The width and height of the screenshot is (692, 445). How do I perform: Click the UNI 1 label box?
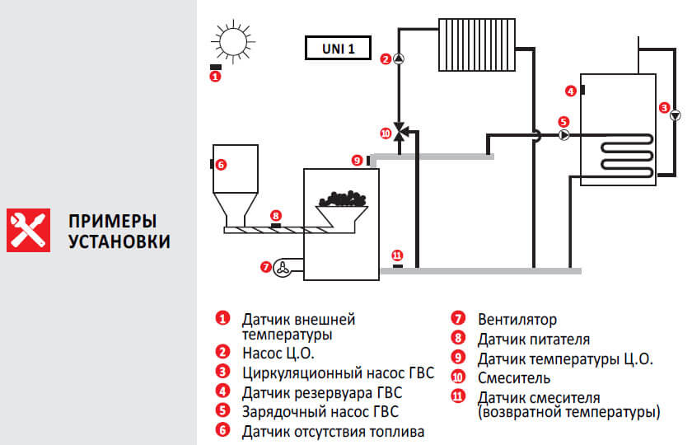click(336, 49)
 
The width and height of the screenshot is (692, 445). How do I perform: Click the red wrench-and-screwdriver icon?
click(26, 230)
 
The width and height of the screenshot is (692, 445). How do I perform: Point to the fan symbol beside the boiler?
click(283, 267)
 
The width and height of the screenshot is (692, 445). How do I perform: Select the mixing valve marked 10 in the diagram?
click(401, 132)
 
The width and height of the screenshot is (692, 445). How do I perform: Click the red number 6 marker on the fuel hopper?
click(222, 164)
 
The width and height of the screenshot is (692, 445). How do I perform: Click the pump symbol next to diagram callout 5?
click(565, 135)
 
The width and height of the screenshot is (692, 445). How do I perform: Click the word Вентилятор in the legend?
click(517, 320)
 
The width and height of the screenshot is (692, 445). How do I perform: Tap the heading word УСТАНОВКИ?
click(119, 241)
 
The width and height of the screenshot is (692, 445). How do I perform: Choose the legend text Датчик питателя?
click(533, 339)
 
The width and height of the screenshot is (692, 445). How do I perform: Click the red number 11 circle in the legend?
click(458, 398)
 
